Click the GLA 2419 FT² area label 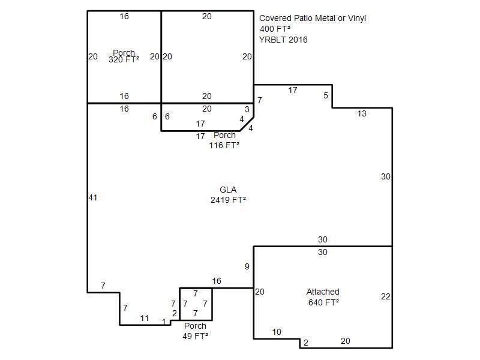click(x=228, y=194)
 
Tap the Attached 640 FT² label click(x=323, y=297)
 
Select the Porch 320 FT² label click(x=124, y=56)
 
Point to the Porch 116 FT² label click(x=224, y=140)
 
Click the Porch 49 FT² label click(x=196, y=331)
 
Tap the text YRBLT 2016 click(x=283, y=40)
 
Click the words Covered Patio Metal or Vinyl click(x=313, y=19)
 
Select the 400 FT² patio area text click(x=275, y=29)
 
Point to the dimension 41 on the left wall click(x=93, y=198)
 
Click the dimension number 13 click(x=362, y=113)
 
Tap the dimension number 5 click(x=326, y=95)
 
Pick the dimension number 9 click(x=247, y=266)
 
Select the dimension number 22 click(x=386, y=296)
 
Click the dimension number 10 click(x=277, y=332)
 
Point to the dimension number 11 click(x=145, y=319)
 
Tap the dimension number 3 click(x=247, y=109)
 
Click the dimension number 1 click(x=164, y=322)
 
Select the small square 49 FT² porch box click(x=196, y=288)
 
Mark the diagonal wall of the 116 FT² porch click(x=247, y=124)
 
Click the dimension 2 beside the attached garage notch click(x=306, y=343)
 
